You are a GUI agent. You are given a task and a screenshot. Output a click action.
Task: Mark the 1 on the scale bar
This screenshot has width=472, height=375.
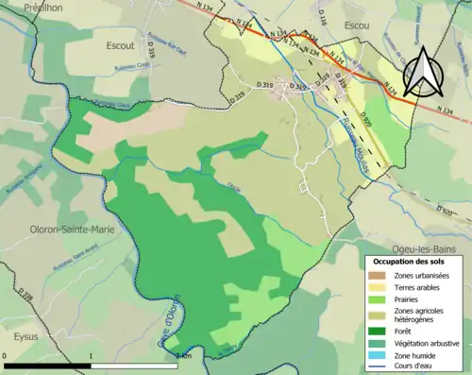point(91,356)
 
